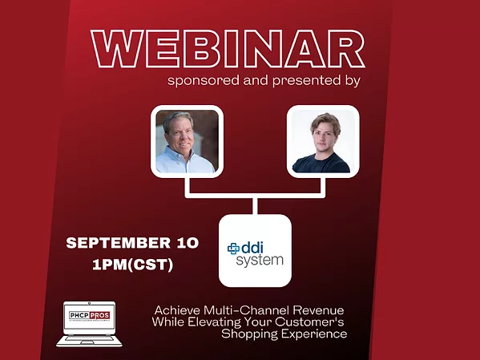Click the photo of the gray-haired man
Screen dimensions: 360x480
(185, 141)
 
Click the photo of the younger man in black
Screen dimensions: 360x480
(321, 141)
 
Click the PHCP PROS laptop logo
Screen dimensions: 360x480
(89, 322)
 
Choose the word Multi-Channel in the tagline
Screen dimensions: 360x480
(245, 309)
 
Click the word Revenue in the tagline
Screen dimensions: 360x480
(320, 309)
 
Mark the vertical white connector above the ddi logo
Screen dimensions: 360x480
(254, 205)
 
